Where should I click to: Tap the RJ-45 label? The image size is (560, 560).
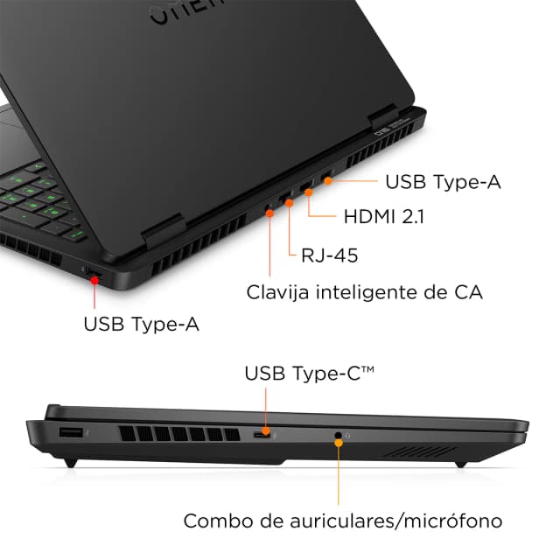pos(329,255)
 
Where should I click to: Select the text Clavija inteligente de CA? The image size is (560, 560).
pos(364,290)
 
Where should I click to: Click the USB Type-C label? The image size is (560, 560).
pos(309,374)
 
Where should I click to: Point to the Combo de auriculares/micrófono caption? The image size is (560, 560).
pos(342,521)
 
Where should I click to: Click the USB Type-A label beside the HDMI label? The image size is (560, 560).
pos(444,182)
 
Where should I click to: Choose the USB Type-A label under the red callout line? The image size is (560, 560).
pos(141,324)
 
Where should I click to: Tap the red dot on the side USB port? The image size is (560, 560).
pos(94,277)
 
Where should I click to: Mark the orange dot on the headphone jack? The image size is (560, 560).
pos(338,435)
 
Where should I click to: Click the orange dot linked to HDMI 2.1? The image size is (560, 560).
pos(309,188)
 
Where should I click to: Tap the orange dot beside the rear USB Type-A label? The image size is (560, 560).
pos(328,181)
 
